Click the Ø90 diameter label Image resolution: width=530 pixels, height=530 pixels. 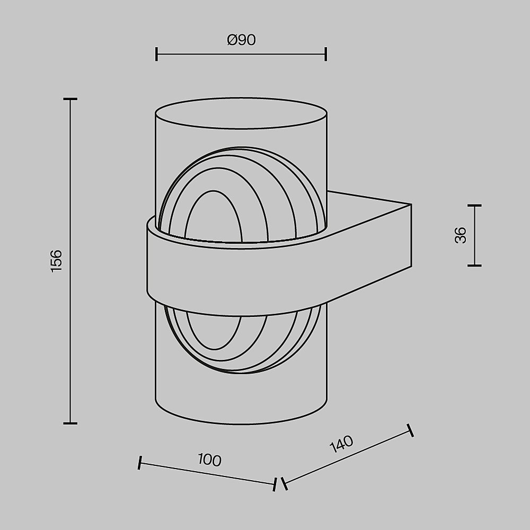241,40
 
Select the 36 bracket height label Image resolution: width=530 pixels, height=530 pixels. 461,235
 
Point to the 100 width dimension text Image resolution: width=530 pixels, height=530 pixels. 209,460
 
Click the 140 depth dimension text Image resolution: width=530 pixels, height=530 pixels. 341,445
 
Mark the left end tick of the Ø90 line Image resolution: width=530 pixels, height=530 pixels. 156,54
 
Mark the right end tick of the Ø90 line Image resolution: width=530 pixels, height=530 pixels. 325,54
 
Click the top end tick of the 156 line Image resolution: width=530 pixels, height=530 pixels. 70,99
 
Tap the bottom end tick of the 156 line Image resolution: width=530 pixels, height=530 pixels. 70,423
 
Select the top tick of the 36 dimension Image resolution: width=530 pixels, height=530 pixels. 474,205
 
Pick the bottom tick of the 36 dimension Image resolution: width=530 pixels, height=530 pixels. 474,265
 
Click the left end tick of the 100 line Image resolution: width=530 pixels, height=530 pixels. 139,463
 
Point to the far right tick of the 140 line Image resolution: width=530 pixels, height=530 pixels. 410,430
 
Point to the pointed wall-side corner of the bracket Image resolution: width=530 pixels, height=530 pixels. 411,204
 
